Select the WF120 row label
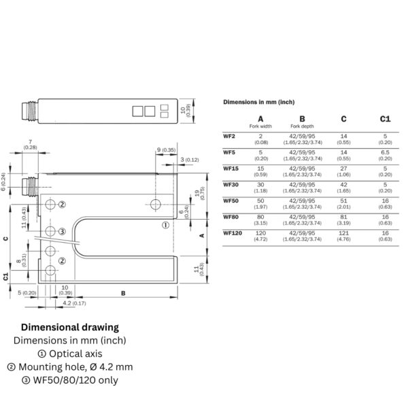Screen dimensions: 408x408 tap(232, 233)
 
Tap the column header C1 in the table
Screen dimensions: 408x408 tap(386, 119)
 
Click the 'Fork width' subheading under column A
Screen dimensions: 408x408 tap(260, 126)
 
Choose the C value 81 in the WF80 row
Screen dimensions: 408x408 tap(343, 216)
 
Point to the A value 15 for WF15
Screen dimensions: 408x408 tap(260, 167)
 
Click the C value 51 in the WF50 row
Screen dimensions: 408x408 tap(343, 200)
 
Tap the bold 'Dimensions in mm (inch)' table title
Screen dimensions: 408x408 tap(258, 101)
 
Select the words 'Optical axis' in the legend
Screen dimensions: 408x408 tap(74, 353)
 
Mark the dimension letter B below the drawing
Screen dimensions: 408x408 tap(122, 294)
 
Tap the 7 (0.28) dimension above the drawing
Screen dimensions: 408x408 tap(31, 144)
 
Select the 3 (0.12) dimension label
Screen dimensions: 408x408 tap(191, 159)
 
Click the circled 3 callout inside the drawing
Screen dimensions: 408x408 tap(62, 232)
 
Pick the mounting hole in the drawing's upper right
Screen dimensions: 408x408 tap(157, 205)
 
